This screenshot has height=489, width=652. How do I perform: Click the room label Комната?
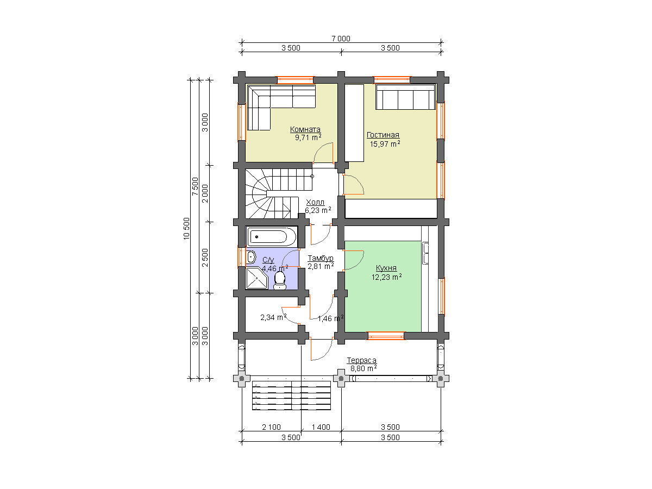click(x=305, y=129)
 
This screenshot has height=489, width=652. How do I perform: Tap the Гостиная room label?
click(x=383, y=135)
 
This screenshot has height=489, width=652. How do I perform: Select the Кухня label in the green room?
click(x=386, y=268)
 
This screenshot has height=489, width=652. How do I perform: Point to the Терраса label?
click(x=361, y=360)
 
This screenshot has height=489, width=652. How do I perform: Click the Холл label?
click(x=315, y=202)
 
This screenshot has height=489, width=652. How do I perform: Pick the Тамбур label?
click(x=321, y=258)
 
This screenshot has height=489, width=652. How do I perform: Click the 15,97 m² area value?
click(x=385, y=144)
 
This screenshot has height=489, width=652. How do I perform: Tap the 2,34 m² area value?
click(x=273, y=317)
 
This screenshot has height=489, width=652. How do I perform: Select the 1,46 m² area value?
click(x=330, y=318)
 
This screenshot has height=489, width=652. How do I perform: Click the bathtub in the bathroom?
click(x=272, y=237)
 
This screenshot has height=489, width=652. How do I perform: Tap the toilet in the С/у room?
click(x=279, y=280)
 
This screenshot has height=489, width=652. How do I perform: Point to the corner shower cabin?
click(x=257, y=278)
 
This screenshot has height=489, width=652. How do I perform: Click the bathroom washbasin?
click(x=251, y=257)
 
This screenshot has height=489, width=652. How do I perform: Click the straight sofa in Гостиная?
click(x=405, y=97)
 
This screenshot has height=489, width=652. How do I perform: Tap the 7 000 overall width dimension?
click(x=341, y=39)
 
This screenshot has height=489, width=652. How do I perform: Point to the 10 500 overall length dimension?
click(x=186, y=228)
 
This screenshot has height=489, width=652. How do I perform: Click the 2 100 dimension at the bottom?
click(x=271, y=427)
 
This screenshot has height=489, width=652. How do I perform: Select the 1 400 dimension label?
click(x=321, y=427)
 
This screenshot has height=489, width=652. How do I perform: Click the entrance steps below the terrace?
click(x=291, y=396)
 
